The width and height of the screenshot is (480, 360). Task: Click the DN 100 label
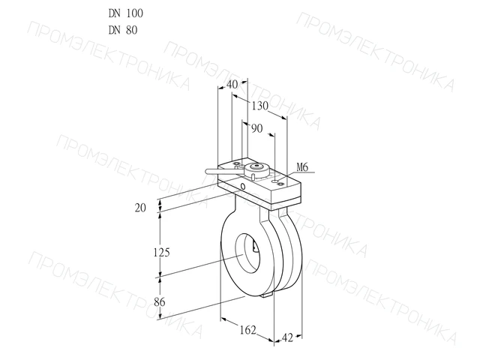pyautogui.click(x=125, y=13)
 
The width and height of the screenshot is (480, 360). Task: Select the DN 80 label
pyautogui.click(x=123, y=30)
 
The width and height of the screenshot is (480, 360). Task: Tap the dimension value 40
pyautogui.click(x=232, y=85)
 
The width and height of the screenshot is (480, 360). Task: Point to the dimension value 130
pyautogui.click(x=260, y=106)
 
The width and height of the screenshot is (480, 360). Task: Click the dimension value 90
pyautogui.click(x=256, y=128)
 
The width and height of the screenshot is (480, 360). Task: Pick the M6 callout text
pyautogui.click(x=302, y=167)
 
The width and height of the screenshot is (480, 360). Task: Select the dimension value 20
pyautogui.click(x=140, y=208)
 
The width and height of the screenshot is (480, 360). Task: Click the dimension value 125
pyautogui.click(x=161, y=253)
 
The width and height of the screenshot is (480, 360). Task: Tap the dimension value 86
pyautogui.click(x=160, y=302)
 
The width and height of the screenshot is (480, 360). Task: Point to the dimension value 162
pyautogui.click(x=247, y=330)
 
